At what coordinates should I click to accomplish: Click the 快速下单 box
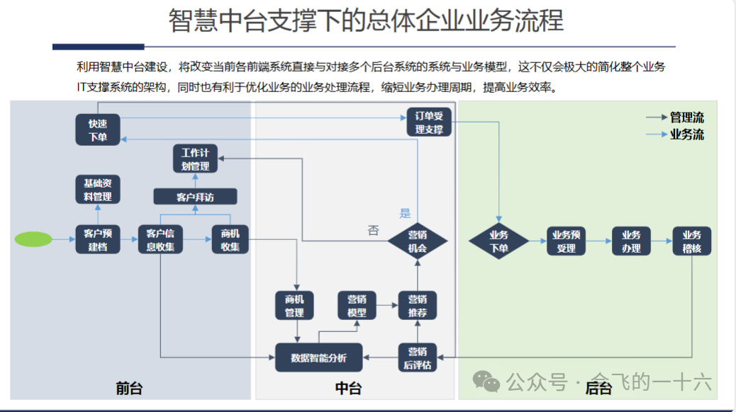click(98, 130)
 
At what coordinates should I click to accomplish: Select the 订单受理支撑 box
click(429, 122)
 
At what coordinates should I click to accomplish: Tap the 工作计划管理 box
click(195, 159)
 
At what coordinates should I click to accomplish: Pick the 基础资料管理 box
click(98, 189)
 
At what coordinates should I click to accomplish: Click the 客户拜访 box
click(195, 196)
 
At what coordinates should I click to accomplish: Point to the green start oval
click(33, 239)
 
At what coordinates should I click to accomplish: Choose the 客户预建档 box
click(98, 240)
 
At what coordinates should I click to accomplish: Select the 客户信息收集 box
click(161, 240)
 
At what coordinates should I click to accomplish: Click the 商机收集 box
click(230, 240)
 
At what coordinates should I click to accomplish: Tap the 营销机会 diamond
click(418, 241)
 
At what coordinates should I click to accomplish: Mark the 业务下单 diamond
click(499, 241)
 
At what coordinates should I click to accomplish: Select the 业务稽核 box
click(691, 241)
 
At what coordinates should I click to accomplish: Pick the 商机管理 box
click(294, 305)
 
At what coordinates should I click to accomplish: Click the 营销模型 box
click(357, 305)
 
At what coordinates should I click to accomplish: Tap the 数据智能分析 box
click(318, 357)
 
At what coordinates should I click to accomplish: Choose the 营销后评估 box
click(418, 357)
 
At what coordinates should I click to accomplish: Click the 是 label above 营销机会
click(405, 213)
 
